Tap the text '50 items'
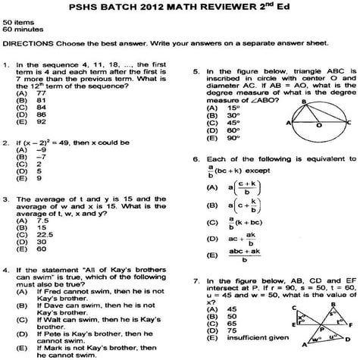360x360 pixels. (x=16, y=23)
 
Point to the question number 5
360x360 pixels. (x=196, y=71)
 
